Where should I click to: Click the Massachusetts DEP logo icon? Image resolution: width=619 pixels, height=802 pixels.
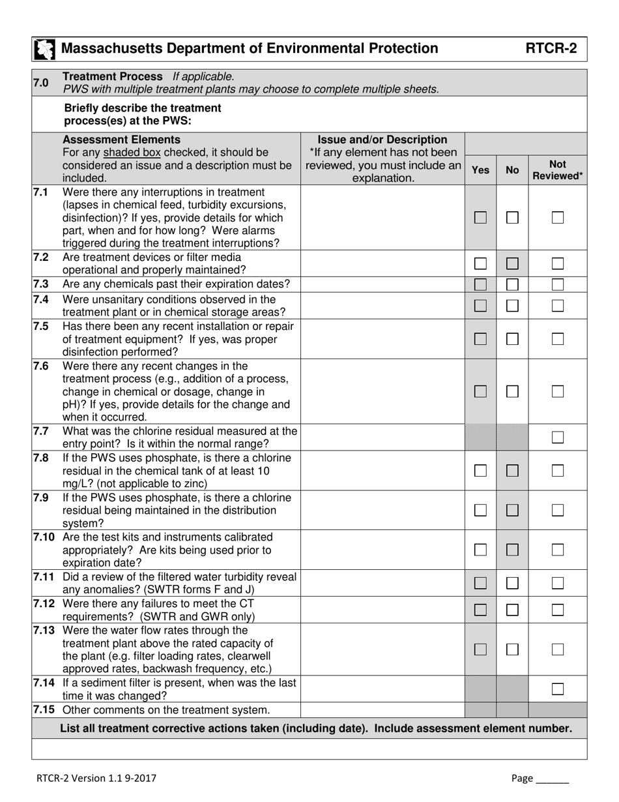point(45,50)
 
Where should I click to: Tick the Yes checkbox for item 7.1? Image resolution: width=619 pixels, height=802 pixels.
point(480,218)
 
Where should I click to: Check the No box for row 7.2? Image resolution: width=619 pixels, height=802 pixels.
point(512,264)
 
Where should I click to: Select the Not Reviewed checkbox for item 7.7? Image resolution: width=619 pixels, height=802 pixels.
point(557,438)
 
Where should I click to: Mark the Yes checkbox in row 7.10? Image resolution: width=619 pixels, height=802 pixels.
point(480,550)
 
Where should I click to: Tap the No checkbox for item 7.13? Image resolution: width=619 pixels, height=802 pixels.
point(512,649)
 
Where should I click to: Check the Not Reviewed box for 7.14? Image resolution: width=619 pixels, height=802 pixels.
point(557,689)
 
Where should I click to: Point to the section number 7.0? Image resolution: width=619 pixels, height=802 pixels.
point(40,82)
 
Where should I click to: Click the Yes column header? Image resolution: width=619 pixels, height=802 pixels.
point(480,170)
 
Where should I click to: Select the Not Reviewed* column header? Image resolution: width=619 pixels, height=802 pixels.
point(557,170)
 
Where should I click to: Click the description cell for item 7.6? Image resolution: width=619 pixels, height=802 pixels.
point(382,392)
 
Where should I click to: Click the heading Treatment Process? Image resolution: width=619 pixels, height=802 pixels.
point(113,76)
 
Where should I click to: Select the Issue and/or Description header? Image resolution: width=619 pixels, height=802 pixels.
point(382,140)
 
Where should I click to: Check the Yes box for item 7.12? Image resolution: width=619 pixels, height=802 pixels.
point(480,610)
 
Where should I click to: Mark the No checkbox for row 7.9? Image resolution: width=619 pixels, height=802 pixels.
point(512,511)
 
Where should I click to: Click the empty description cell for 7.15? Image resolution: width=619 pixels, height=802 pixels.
point(382,710)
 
